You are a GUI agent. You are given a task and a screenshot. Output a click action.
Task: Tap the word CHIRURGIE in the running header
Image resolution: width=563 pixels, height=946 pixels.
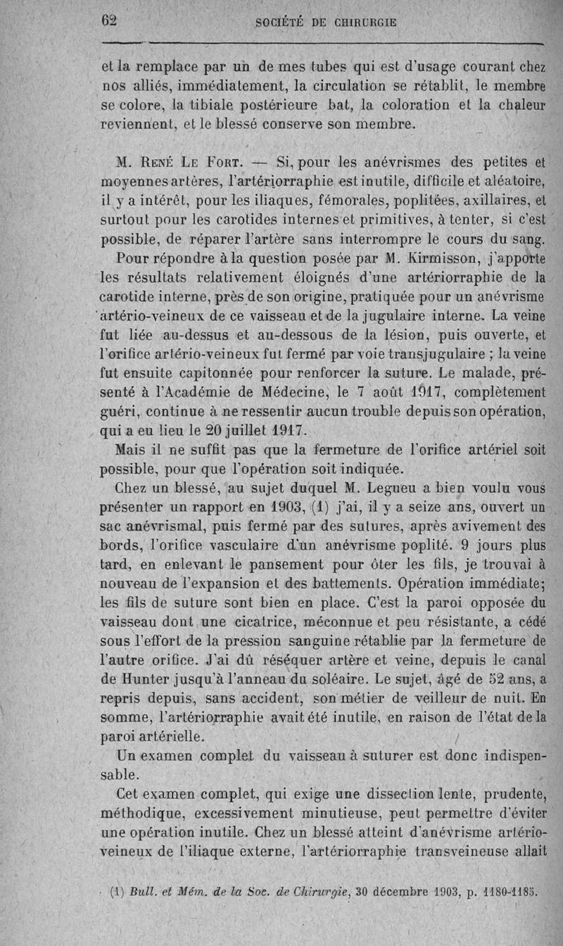tap(361, 22)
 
